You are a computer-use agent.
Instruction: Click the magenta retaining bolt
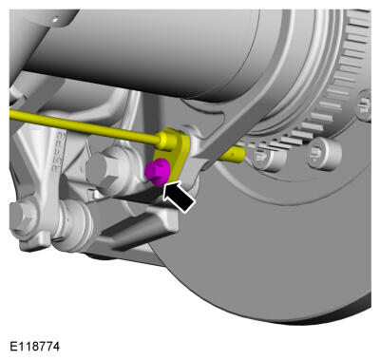click(x=157, y=171)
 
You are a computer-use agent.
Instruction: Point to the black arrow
click(x=178, y=196)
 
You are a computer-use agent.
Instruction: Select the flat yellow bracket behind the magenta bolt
click(x=174, y=154)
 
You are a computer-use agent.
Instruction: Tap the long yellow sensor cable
click(x=84, y=127)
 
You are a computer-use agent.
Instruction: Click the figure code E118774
click(x=34, y=347)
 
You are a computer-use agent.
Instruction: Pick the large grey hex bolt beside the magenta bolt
click(x=104, y=169)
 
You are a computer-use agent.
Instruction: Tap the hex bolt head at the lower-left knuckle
click(x=23, y=217)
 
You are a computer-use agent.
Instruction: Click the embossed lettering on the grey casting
click(x=59, y=153)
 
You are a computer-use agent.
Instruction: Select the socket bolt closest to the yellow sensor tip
click(x=267, y=159)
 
